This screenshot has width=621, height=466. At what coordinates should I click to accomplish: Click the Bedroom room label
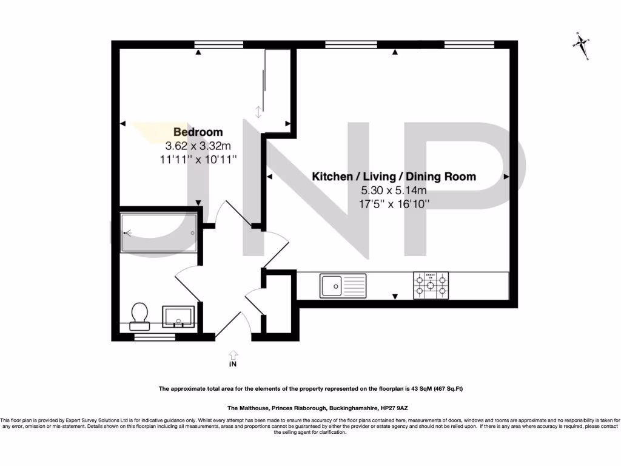pyautogui.click(x=198, y=132)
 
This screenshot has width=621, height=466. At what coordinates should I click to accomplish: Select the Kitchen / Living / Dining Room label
pyautogui.click(x=394, y=177)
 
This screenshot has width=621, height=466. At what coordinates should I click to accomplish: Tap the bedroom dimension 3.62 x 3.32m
pyautogui.click(x=198, y=146)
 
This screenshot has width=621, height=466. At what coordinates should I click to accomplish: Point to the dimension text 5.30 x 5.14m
pyautogui.click(x=394, y=191)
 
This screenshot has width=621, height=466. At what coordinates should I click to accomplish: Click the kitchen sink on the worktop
pyautogui.click(x=343, y=285)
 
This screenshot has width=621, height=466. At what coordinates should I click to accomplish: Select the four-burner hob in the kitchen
pyautogui.click(x=431, y=285)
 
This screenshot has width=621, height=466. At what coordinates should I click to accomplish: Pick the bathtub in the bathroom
pyautogui.click(x=159, y=232)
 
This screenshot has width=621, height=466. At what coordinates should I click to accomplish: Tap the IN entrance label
pyautogui.click(x=232, y=365)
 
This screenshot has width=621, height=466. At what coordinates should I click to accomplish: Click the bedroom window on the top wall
pyautogui.click(x=214, y=44)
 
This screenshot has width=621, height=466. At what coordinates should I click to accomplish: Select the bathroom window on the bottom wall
pyautogui.click(x=150, y=337)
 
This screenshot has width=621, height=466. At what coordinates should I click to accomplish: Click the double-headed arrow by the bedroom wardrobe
pyautogui.click(x=258, y=112)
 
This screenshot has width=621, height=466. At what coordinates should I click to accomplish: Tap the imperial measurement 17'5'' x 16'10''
pyautogui.click(x=394, y=204)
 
